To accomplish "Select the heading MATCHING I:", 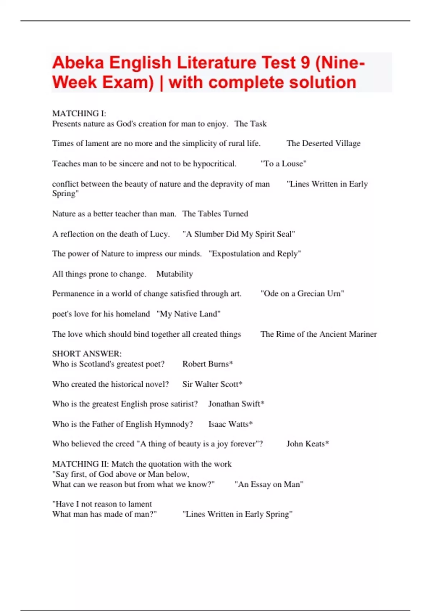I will tap(79, 114).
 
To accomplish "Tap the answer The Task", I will tap(250, 124).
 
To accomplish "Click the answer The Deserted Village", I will tap(323, 143).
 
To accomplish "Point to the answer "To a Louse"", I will tap(283, 164).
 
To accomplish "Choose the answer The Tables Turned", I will tap(215, 213).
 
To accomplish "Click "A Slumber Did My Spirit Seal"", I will tap(238, 234).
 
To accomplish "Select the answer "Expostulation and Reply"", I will tap(255, 254).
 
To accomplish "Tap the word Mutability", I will tap(175, 274).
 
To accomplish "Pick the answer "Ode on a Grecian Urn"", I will tap(302, 294).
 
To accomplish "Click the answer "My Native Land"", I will tap(188, 314).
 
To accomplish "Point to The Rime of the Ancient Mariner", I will tap(319, 334).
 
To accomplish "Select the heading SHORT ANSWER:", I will tap(87, 354).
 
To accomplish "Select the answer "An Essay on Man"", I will tap(269, 484).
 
